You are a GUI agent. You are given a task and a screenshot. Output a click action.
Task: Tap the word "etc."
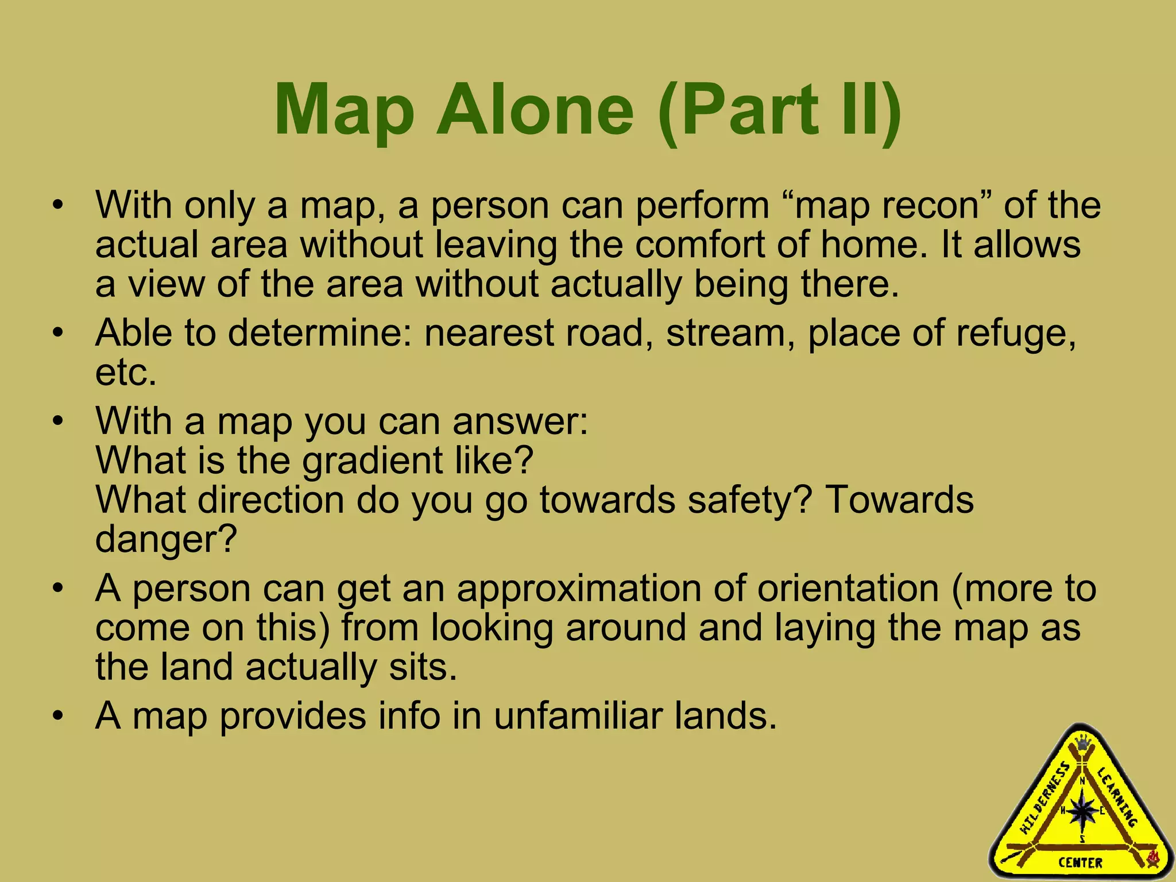click(x=126, y=373)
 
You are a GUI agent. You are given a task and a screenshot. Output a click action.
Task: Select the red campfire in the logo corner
click(x=1152, y=858)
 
